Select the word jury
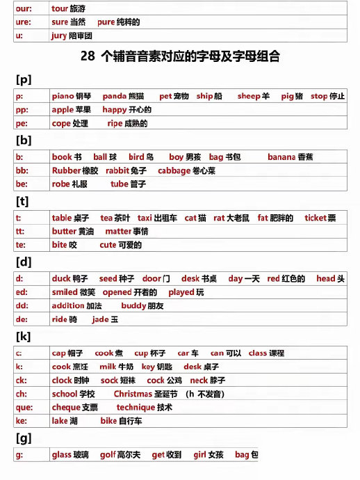coord(58,35)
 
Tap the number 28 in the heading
coord(88,58)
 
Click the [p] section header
coord(23,79)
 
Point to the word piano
coord(63,96)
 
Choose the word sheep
coord(248,96)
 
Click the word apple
coord(63,110)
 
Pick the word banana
coord(281,157)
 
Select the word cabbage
coord(173,171)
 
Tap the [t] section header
coord(22,201)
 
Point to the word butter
coord(64,232)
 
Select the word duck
coord(61,278)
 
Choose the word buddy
coord(133,306)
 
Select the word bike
coord(108,421)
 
